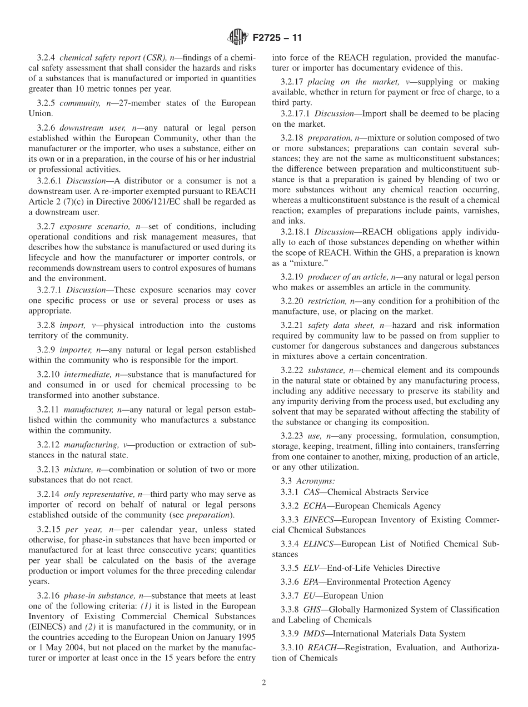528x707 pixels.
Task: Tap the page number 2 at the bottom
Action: point(263,683)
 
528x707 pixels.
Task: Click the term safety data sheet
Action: point(340,326)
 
